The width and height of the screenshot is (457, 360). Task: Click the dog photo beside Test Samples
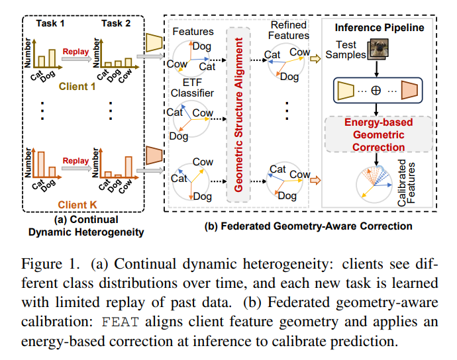(378, 49)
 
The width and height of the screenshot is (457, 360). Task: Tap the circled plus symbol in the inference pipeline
(376, 90)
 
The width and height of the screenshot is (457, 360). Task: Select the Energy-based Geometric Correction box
(379, 134)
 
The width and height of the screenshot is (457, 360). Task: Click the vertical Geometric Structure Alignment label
(238, 114)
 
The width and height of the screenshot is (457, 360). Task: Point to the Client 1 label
(77, 87)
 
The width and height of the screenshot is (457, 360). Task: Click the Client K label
(77, 204)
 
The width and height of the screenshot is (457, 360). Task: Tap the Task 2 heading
(116, 23)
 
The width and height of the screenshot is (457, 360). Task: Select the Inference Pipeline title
(380, 27)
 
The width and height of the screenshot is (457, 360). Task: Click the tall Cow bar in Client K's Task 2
(128, 167)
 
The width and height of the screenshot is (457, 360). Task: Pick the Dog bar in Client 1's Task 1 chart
(52, 58)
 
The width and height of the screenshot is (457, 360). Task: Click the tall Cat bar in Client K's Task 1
(41, 164)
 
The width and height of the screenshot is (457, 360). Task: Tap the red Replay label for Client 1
(76, 52)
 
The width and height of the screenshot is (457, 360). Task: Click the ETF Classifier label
(192, 87)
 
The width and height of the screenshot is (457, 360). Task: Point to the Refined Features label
(289, 30)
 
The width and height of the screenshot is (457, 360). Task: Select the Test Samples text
(346, 50)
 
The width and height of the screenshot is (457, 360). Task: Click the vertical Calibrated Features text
(406, 183)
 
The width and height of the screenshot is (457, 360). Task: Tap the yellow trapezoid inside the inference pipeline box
(346, 90)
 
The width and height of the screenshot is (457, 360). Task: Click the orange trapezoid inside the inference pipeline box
(409, 90)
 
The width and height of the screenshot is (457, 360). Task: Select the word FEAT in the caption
(120, 322)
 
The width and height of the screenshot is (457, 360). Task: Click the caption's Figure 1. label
(50, 264)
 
